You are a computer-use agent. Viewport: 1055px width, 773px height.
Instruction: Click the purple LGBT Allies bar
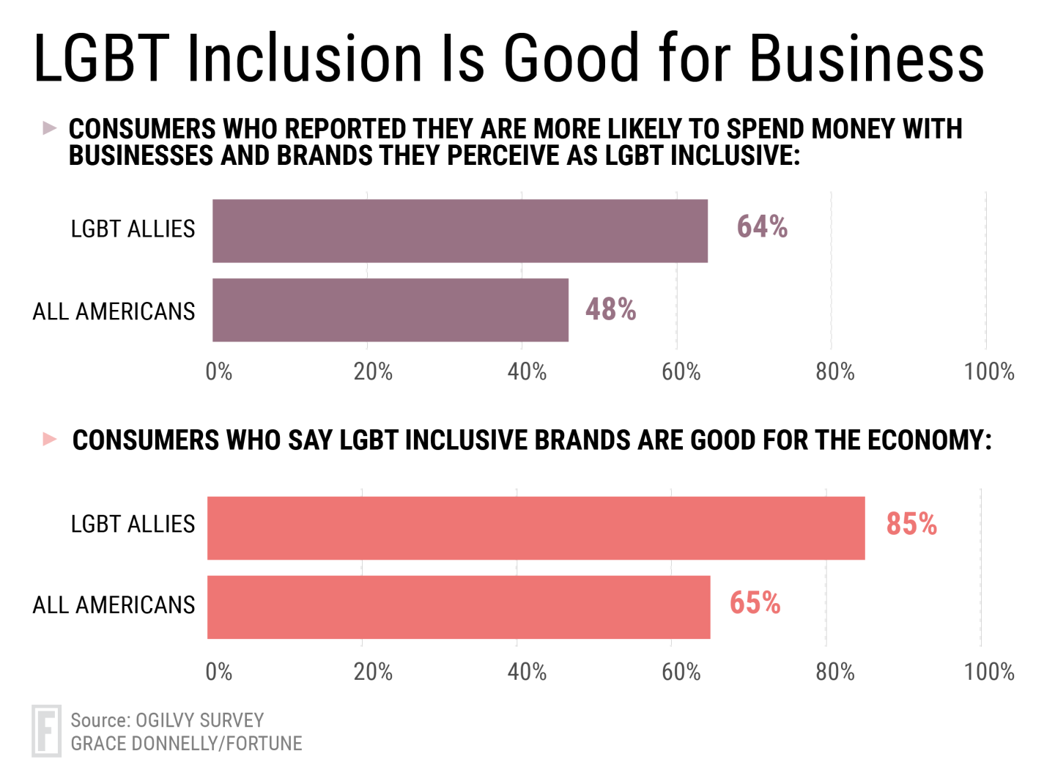(460, 231)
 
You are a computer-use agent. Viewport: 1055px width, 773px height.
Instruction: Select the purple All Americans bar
(390, 310)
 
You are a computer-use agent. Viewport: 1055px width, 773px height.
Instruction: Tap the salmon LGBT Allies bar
(536, 528)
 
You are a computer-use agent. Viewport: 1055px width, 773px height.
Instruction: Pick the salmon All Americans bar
(459, 607)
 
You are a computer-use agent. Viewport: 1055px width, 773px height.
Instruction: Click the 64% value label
(762, 227)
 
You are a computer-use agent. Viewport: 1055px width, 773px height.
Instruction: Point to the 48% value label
(610, 309)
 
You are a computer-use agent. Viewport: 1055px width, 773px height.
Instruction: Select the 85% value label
(911, 524)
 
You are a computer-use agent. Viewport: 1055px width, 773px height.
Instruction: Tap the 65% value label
(755, 603)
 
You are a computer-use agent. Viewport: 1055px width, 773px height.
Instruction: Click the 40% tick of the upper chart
(527, 372)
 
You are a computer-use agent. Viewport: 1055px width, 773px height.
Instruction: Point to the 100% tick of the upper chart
(989, 372)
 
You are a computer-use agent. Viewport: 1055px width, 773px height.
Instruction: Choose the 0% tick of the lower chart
(218, 672)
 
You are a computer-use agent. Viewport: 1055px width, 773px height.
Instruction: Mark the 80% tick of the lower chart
(835, 672)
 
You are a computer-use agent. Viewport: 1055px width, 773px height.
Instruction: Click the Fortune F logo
(47, 731)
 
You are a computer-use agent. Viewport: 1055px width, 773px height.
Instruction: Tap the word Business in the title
(867, 59)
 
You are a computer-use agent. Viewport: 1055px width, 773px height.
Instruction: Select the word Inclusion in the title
(305, 59)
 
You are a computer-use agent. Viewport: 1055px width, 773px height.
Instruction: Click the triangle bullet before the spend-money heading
(49, 129)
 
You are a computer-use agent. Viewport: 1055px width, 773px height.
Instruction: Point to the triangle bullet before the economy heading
(50, 439)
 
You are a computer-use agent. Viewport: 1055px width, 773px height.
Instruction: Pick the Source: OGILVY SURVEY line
(167, 720)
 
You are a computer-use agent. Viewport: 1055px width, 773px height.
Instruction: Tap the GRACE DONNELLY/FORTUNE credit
(186, 744)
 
